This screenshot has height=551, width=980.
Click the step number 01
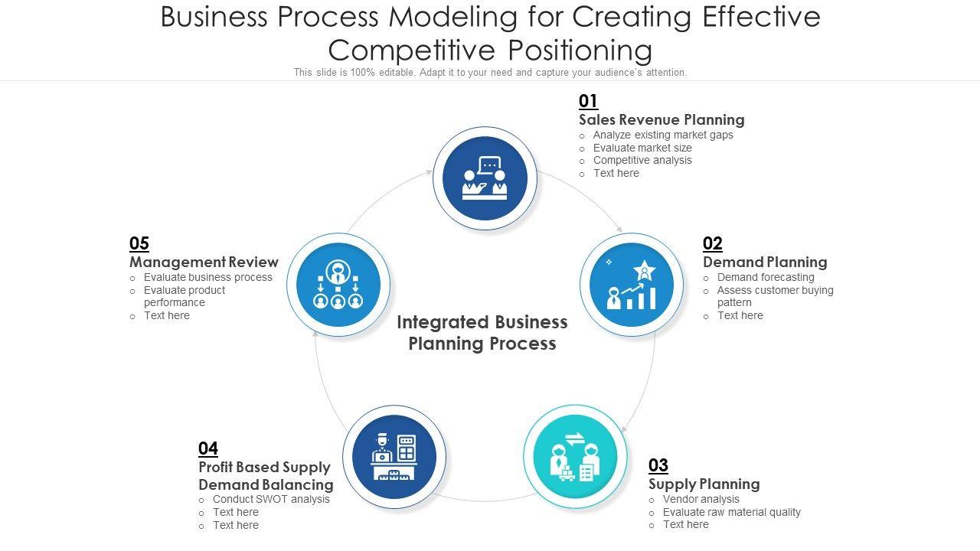click(x=588, y=101)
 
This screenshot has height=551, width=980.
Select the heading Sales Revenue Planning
click(x=661, y=119)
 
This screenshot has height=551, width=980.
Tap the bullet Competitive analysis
click(x=642, y=160)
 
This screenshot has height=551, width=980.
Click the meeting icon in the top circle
click(x=485, y=178)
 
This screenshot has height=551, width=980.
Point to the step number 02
click(x=712, y=243)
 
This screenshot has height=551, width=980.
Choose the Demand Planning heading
click(x=765, y=262)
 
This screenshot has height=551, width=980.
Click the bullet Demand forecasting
click(x=766, y=277)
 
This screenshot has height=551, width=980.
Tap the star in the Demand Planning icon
click(x=644, y=270)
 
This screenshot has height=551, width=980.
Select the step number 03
click(x=658, y=465)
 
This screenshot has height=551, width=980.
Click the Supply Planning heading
click(x=704, y=484)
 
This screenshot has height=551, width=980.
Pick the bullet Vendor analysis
click(x=701, y=499)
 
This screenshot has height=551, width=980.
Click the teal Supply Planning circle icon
click(x=575, y=457)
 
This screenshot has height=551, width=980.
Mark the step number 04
click(x=208, y=448)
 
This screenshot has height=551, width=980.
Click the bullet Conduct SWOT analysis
click(x=271, y=499)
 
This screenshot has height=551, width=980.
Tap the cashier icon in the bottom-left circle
click(x=394, y=457)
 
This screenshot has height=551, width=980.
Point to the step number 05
click(x=139, y=243)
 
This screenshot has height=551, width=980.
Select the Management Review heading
click(x=204, y=262)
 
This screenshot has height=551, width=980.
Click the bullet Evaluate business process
click(x=208, y=277)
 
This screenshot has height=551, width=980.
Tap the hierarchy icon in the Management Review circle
click(x=338, y=285)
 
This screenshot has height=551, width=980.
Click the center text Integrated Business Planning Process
click(x=482, y=332)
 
